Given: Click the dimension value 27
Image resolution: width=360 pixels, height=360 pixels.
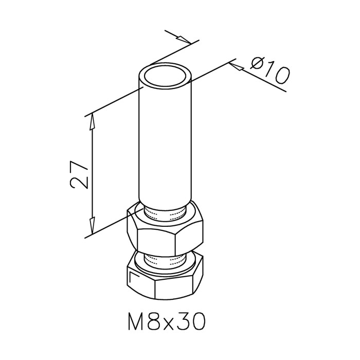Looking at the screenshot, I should pyautogui.click(x=78, y=175).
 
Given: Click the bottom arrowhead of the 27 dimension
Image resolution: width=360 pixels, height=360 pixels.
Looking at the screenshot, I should pyautogui.click(x=92, y=226).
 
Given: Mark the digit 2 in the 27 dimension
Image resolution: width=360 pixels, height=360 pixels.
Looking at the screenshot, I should pyautogui.click(x=78, y=183).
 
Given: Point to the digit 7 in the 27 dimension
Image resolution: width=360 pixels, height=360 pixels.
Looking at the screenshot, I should pyautogui.click(x=78, y=167).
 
